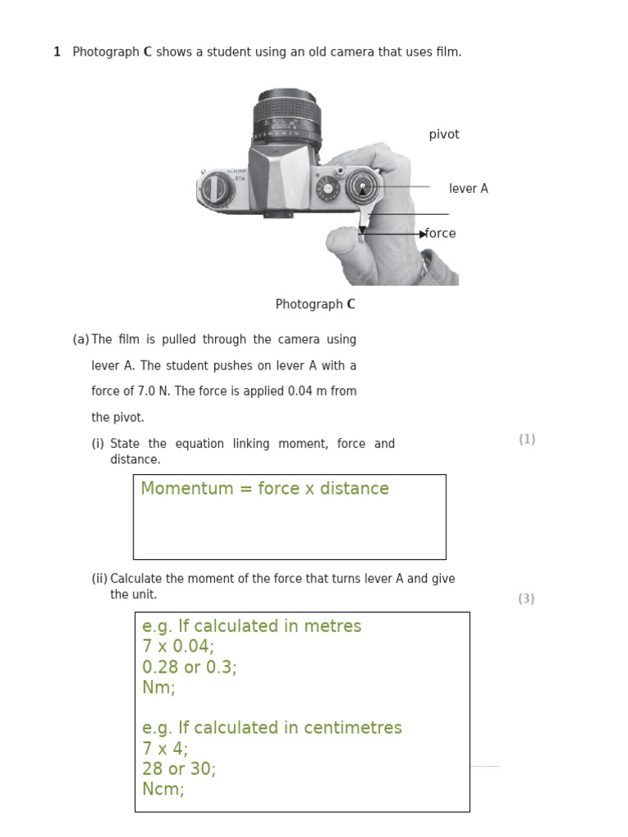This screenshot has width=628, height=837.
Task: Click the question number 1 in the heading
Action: [x=57, y=52]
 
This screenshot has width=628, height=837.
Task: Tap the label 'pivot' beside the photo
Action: [x=444, y=135]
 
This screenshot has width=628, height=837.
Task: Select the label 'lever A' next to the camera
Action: [x=468, y=189]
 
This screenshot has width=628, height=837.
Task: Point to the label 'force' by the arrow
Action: [x=442, y=234]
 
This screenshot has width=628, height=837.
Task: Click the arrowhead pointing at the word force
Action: [x=423, y=235]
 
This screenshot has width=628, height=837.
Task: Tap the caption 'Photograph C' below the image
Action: [x=315, y=305]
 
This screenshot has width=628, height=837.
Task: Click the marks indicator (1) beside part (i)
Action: [x=527, y=440]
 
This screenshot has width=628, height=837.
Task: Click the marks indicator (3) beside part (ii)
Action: [x=527, y=599]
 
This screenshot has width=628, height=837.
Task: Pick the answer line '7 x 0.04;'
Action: [x=177, y=647]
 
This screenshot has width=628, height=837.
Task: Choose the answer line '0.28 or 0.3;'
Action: [x=189, y=667]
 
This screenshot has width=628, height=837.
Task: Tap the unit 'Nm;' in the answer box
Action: [x=159, y=687]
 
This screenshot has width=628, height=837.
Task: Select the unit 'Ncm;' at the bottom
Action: [x=163, y=790]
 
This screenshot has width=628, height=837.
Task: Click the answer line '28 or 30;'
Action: [x=178, y=769]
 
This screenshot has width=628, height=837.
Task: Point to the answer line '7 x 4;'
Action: [x=164, y=749]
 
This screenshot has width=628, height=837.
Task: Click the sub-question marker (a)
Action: [x=80, y=339]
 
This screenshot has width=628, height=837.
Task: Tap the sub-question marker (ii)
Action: [x=99, y=579]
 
